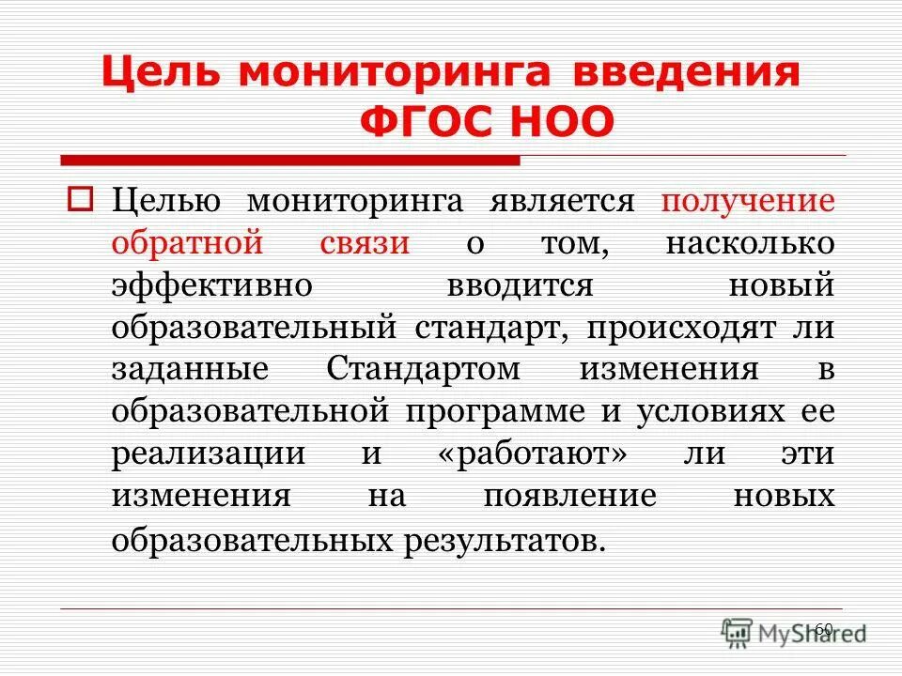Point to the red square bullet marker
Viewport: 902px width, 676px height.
click(80, 200)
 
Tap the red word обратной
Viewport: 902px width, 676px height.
click(185, 243)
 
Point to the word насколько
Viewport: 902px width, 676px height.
click(750, 243)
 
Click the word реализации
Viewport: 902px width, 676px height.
click(208, 453)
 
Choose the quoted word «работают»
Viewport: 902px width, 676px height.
click(532, 453)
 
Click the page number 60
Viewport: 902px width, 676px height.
click(823, 628)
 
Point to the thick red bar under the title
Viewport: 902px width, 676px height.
click(289, 161)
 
